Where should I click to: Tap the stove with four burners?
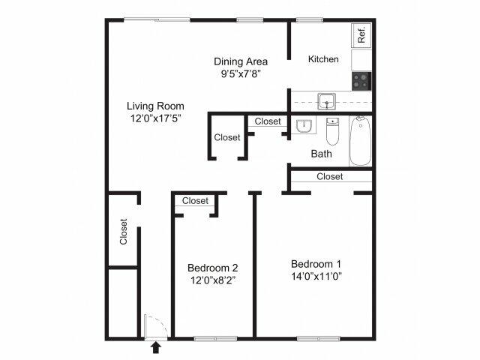(x=361, y=79)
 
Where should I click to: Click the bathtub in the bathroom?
(x=361, y=141)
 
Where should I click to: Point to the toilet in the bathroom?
(x=333, y=133)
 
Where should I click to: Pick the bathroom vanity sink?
(x=304, y=126)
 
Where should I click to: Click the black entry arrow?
(x=156, y=347)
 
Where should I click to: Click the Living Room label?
(x=154, y=106)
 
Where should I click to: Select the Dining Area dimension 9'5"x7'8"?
(x=241, y=73)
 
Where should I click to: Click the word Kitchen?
(x=324, y=59)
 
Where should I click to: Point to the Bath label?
(x=322, y=154)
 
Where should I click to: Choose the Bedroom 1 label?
(x=316, y=263)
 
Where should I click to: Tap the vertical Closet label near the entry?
(x=124, y=231)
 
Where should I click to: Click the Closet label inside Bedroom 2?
(x=195, y=200)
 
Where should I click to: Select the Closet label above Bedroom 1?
(x=329, y=177)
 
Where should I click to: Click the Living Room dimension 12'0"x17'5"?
(x=154, y=118)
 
